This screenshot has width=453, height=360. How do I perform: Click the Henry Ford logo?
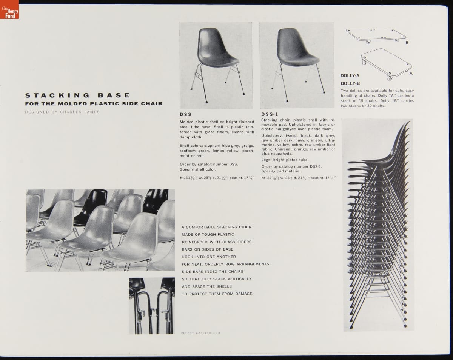tap(9, 9)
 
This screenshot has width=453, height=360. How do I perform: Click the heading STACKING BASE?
tap(77, 95)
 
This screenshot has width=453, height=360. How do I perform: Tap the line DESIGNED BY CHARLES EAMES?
tap(62, 112)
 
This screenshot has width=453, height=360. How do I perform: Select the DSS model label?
tap(185, 114)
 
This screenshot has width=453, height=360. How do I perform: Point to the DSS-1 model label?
tap(270, 114)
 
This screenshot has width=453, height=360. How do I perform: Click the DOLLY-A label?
tap(350, 75)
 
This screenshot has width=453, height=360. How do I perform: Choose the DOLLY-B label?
tap(350, 83)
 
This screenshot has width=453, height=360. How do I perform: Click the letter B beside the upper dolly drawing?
tap(407, 43)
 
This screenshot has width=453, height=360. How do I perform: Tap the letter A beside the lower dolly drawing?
tap(411, 74)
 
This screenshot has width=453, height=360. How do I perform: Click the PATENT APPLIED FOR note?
tap(200, 333)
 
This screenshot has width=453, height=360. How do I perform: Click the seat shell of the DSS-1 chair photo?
tap(297, 47)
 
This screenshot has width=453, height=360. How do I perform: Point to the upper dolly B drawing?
tap(376, 36)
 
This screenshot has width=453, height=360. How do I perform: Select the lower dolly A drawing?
tap(386, 64)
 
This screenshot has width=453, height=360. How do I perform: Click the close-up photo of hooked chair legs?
tap(152, 306)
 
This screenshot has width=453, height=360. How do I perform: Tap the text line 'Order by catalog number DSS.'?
tap(209, 164)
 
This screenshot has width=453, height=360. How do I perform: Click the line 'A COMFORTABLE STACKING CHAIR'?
tap(216, 227)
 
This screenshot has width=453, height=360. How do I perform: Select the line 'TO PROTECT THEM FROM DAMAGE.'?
tap(217, 294)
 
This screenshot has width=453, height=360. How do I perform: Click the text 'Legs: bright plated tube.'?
tap(285, 160)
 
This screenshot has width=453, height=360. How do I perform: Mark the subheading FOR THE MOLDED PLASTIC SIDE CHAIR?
tap(94, 103)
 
